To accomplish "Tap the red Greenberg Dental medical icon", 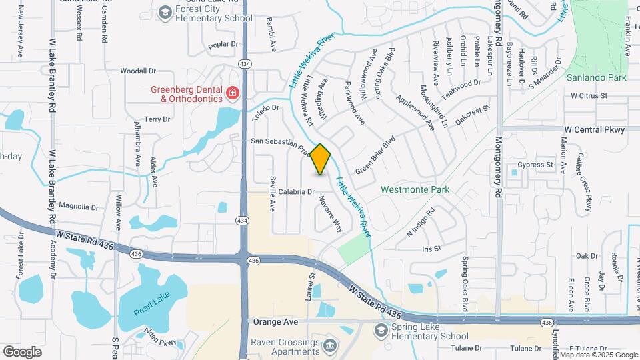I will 233,93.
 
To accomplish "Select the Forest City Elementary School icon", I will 165,12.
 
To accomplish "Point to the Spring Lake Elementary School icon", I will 381,331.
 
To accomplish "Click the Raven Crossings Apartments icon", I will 330,346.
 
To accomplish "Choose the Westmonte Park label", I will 415,189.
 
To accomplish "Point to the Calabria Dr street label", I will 296,192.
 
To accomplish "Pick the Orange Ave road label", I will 275,321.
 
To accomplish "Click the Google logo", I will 22,351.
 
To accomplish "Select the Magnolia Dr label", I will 79,207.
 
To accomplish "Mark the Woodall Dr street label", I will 138,70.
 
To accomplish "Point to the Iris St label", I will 431,248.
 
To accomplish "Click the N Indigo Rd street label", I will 420,221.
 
